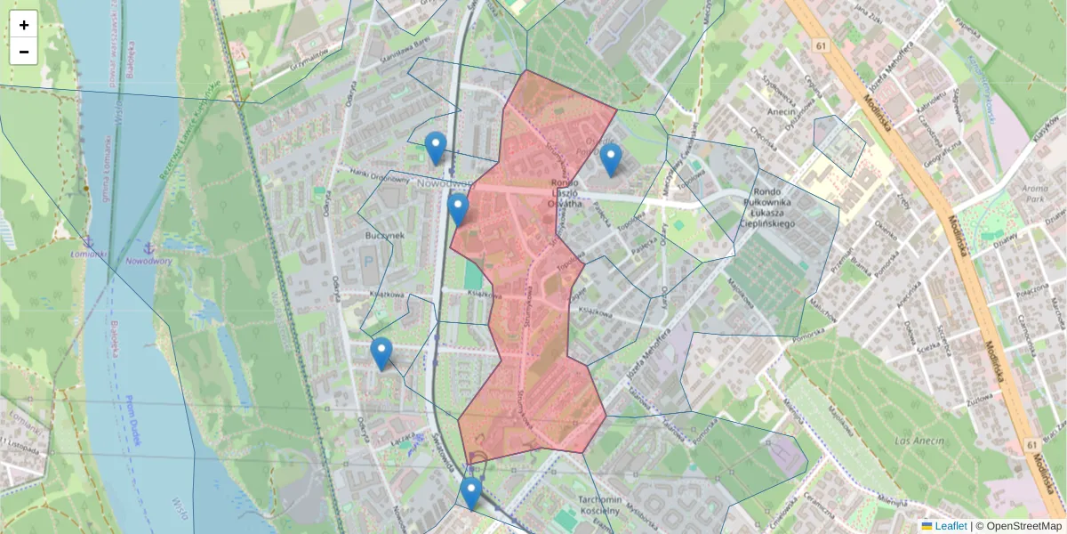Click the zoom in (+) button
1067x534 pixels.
pos(24,25)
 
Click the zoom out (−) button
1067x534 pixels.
pos(24,52)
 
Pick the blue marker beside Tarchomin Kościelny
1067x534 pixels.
pos(471,492)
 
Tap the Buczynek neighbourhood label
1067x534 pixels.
pos(385,235)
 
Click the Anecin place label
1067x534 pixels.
pos(782,113)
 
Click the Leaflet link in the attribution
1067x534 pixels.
pos(950,526)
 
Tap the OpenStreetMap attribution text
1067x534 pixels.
pos(1023,526)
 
